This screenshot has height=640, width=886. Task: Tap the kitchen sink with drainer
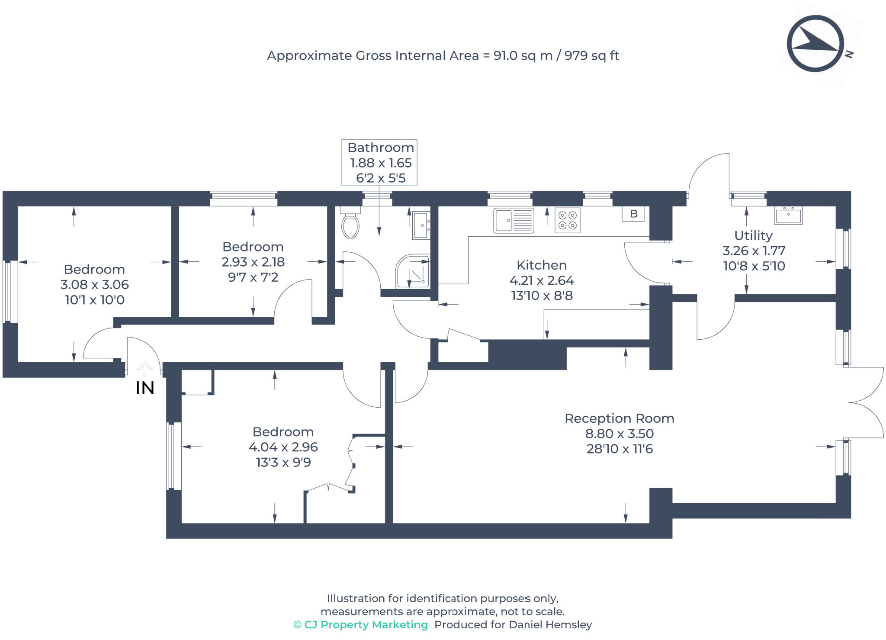(514, 221)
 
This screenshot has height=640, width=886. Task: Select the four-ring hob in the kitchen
(567, 220)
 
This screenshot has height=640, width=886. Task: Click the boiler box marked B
(633, 214)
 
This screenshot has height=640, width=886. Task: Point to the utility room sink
(788, 215)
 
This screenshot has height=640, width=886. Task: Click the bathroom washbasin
(421, 225)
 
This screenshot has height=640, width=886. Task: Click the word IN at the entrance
(145, 388)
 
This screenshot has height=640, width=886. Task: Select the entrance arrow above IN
(144, 369)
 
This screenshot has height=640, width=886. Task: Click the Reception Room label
(619, 418)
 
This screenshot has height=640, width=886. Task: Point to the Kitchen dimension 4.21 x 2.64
(542, 280)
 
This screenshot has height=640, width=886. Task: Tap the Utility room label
(753, 235)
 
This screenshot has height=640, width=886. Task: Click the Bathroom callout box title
(381, 148)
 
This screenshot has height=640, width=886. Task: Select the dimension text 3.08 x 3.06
(94, 285)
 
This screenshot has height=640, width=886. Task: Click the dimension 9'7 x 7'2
(253, 277)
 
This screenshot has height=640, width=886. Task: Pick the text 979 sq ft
(591, 56)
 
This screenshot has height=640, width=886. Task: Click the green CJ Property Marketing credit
(361, 624)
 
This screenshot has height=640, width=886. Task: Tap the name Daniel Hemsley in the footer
(550, 624)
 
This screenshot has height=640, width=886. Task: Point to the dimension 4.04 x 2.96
(283, 447)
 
